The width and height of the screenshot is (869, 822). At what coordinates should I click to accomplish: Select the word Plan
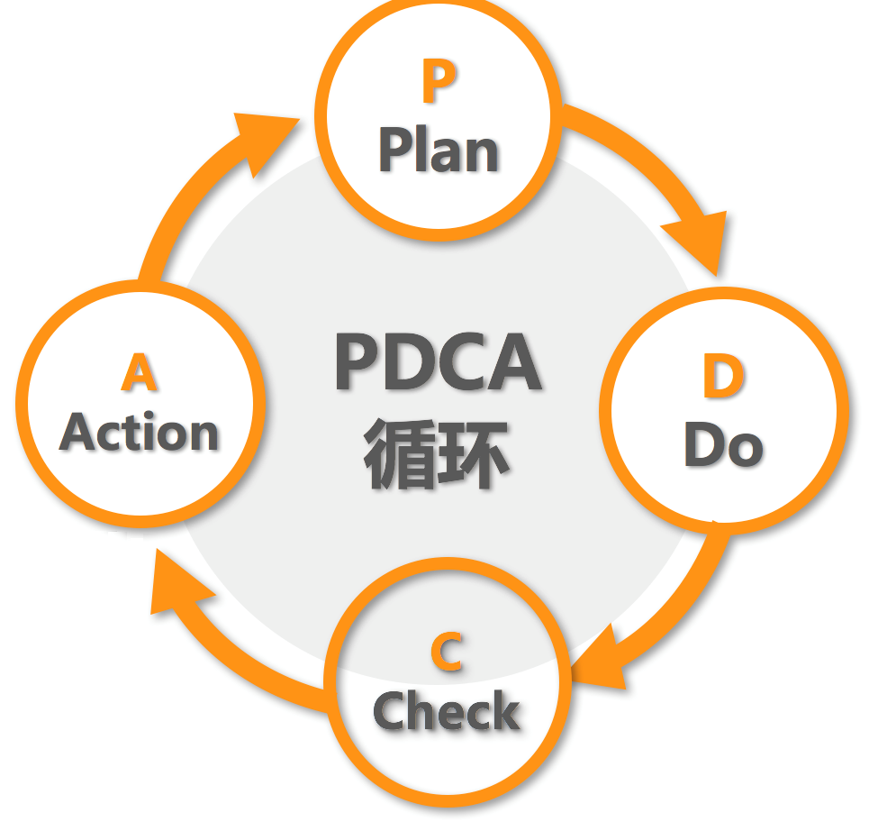tap(439, 151)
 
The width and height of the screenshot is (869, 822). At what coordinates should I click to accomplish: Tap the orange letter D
tap(723, 379)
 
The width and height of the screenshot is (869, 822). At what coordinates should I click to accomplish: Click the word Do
tap(723, 444)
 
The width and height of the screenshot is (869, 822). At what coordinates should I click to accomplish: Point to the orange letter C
tap(447, 653)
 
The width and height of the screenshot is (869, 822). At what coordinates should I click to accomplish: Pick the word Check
tap(447, 712)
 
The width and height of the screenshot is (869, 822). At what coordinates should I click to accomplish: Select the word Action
tap(140, 434)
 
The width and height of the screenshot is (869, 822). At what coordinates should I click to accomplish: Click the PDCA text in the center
tap(439, 363)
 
